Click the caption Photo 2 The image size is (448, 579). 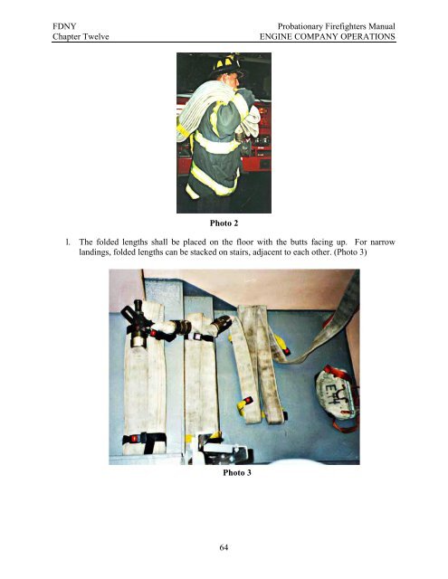point(224,221)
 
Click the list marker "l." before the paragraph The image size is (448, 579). point(58,243)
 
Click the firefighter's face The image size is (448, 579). point(231,81)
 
